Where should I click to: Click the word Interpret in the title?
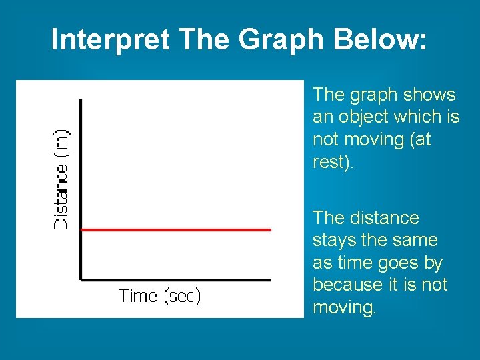[110, 39]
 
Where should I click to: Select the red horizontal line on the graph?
[176, 229]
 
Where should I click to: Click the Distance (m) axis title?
[61, 179]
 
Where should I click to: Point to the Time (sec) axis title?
[159, 295]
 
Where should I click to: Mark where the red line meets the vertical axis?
[81, 229]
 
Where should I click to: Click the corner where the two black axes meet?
[81, 279]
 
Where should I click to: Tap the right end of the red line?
[270, 229]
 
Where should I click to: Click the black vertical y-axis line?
[81, 167]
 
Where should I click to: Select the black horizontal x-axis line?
[176, 279]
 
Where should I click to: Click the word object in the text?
[365, 117]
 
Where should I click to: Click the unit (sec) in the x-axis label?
[181, 295]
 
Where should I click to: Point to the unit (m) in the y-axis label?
[61, 141]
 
